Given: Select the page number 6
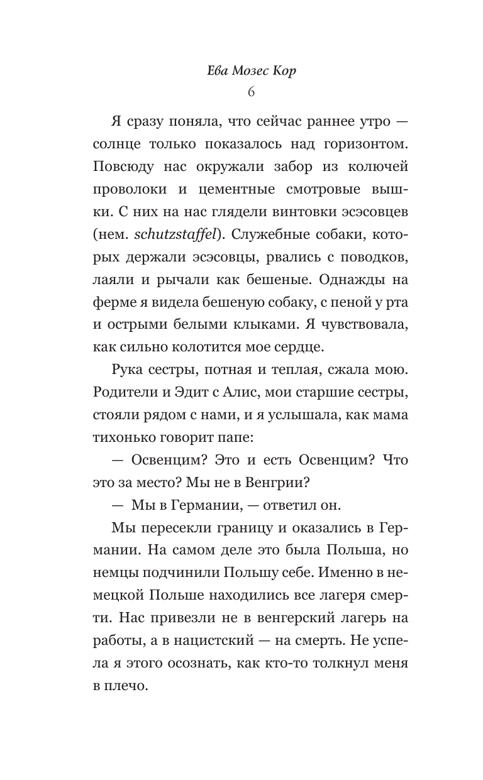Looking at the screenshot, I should [x=251, y=92].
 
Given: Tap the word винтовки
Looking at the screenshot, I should [x=302, y=213].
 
